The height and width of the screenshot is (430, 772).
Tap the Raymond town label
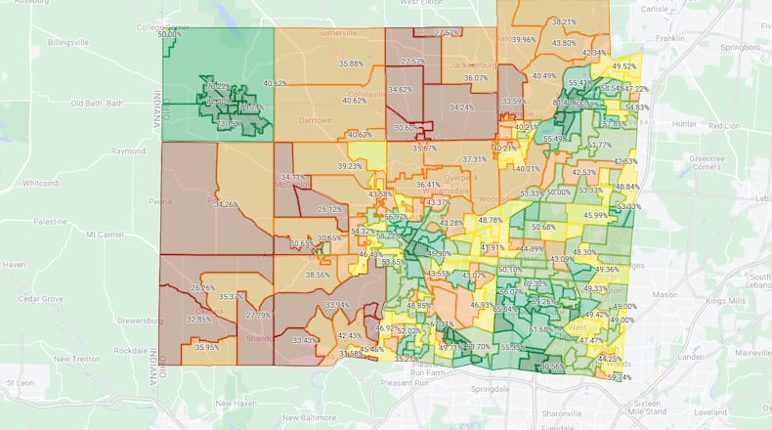click(127, 151)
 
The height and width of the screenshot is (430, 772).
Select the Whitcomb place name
click(41, 183)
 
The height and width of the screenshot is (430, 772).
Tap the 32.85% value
click(198, 320)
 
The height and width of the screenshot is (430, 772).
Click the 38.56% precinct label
click(318, 275)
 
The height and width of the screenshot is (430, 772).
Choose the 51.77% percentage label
click(600, 145)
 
